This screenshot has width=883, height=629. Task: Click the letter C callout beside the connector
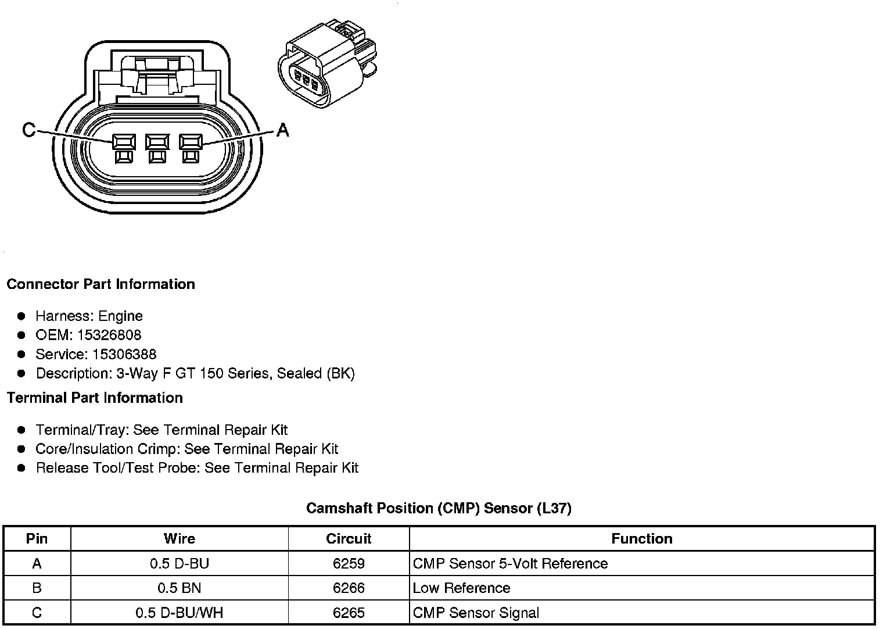pyautogui.click(x=28, y=130)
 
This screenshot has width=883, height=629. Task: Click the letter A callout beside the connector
pyautogui.click(x=282, y=130)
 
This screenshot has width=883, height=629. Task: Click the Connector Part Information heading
pyautogui.click(x=100, y=284)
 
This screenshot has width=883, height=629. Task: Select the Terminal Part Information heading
pyautogui.click(x=95, y=398)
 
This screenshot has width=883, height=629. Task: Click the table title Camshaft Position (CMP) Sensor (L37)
pyautogui.click(x=439, y=508)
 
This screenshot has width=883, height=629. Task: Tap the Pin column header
pyautogui.click(x=37, y=538)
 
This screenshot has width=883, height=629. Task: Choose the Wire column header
pyautogui.click(x=179, y=538)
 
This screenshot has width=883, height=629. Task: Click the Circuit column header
pyautogui.click(x=349, y=538)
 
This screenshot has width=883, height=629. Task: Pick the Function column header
pyautogui.click(x=641, y=538)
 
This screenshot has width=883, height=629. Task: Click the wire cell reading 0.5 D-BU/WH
pyautogui.click(x=179, y=613)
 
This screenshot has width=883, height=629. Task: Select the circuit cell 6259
pyautogui.click(x=349, y=563)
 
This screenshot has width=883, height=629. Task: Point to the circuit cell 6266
pyautogui.click(x=349, y=588)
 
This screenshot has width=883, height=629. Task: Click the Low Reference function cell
pyautogui.click(x=461, y=588)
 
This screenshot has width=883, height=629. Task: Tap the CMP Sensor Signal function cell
pyautogui.click(x=476, y=613)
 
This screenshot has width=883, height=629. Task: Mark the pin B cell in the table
pyautogui.click(x=37, y=588)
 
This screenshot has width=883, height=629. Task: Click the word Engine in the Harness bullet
pyautogui.click(x=120, y=316)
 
